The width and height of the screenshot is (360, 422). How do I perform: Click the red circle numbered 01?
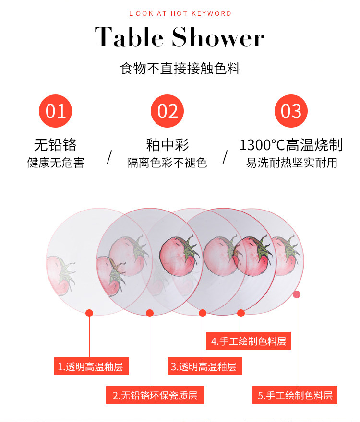[55, 111]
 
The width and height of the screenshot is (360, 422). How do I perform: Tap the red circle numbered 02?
[167, 111]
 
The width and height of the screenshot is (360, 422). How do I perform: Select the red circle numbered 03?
[291, 111]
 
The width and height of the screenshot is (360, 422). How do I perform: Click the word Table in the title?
[129, 37]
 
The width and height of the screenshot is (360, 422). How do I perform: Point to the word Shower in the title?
[218, 37]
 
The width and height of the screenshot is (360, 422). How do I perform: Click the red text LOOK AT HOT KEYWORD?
[180, 13]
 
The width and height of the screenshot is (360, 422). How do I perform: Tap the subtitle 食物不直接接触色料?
[180, 69]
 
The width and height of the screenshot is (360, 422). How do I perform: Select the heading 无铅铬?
[56, 145]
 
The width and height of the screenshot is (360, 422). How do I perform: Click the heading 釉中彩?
[168, 145]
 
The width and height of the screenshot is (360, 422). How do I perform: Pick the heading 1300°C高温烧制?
[291, 145]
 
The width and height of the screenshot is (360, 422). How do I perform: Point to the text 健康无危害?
[56, 163]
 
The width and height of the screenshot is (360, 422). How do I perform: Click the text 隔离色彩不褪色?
[167, 163]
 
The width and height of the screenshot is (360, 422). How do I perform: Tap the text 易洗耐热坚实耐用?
[291, 163]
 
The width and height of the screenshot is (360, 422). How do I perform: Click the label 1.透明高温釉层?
[91, 366]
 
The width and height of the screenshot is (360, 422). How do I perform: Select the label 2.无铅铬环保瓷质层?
[155, 395]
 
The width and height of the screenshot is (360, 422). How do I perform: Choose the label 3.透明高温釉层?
[204, 366]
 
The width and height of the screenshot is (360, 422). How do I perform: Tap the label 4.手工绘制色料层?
[248, 341]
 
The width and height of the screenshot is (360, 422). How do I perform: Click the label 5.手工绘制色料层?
[295, 395]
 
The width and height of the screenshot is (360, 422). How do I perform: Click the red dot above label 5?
[297, 294]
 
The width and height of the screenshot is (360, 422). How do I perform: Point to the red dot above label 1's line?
[89, 313]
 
